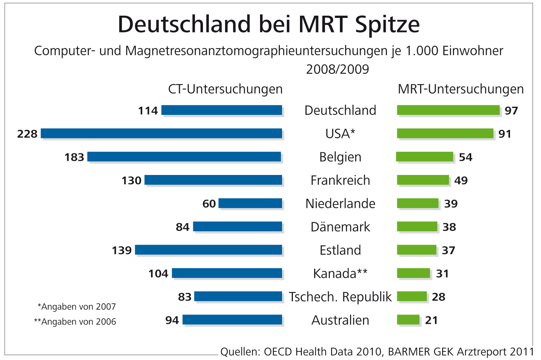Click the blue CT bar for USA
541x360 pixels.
161,134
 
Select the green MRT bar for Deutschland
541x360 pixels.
448,110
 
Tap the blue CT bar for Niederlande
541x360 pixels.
250,203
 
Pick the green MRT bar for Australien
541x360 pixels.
408,320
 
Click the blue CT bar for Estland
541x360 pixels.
209,250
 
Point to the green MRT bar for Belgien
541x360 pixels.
425,157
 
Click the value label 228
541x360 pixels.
27,134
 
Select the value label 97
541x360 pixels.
511,111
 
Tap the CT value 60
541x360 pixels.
209,204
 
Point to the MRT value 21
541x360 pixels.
431,320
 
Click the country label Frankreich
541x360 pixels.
340,181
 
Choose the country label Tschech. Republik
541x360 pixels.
340,297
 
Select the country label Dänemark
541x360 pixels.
340,227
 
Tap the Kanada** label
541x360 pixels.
340,273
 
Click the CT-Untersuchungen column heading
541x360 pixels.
225,89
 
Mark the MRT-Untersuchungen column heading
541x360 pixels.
461,89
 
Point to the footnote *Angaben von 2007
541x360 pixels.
77,307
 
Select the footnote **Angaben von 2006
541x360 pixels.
75,322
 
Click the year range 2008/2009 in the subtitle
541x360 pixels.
337,69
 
